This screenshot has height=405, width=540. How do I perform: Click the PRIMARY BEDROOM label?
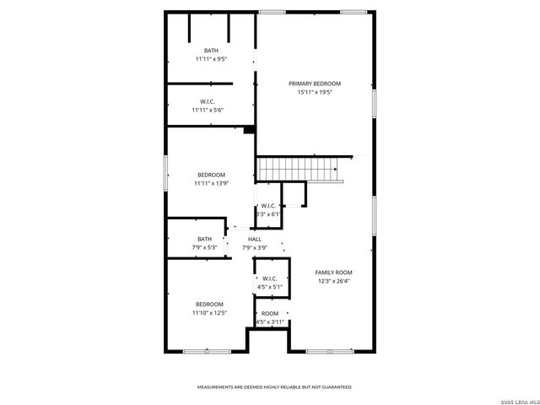click(315, 84)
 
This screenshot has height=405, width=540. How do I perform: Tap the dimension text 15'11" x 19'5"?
click(315, 92)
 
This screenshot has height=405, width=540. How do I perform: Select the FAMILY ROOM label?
click(333, 273)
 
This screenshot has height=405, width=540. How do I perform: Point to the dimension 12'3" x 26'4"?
click(333, 281)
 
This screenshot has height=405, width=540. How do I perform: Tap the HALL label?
click(254, 240)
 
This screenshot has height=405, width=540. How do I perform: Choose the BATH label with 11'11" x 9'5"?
click(210, 51)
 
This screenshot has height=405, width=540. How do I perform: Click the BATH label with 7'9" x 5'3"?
click(205, 239)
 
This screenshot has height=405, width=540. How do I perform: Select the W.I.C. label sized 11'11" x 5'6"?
click(210, 101)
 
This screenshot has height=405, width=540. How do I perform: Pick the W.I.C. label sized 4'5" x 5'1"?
click(270, 278)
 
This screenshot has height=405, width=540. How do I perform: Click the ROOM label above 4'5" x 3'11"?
click(270, 313)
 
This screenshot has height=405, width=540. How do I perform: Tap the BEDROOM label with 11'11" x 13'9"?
click(210, 174)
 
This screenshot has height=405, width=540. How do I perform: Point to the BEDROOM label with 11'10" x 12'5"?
click(209, 304)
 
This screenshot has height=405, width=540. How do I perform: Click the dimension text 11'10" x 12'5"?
click(209, 313)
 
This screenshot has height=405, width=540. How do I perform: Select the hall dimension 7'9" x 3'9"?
click(254, 248)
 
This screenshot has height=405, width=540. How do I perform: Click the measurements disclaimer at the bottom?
click(274, 386)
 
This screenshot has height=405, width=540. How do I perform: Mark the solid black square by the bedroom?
click(249, 130)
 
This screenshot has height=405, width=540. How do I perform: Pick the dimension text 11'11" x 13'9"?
click(210, 183)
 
